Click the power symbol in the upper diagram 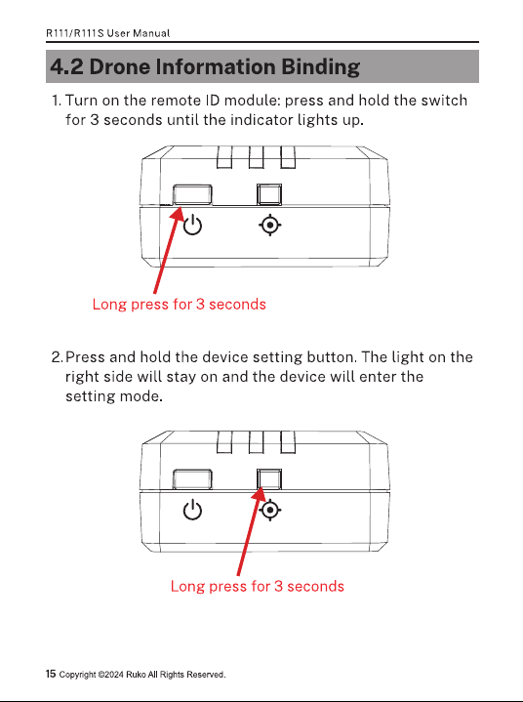(x=193, y=225)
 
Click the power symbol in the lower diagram (x=193, y=511)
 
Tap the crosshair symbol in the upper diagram (x=269, y=225)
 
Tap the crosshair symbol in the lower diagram (x=270, y=510)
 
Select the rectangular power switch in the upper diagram (x=192, y=194)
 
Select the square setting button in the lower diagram (x=269, y=479)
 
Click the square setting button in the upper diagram (x=269, y=194)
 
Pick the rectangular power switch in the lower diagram (x=192, y=479)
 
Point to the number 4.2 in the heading (x=66, y=66)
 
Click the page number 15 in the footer (x=51, y=674)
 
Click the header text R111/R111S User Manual (x=108, y=33)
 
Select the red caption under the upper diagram (x=179, y=305)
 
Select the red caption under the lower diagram (x=258, y=587)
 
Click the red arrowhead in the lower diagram (x=259, y=495)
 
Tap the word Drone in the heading (x=120, y=66)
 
